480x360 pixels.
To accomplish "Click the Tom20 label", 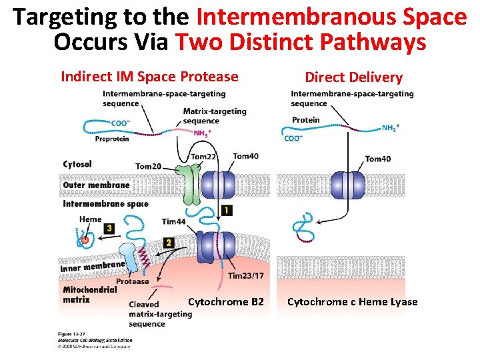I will tap(148, 166).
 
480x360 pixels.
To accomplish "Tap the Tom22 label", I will tap(204, 157).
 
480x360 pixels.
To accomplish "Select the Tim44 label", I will tap(173, 221).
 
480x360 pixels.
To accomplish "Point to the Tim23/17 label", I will tap(246, 276).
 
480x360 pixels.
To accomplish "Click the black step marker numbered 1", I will tap(227, 211).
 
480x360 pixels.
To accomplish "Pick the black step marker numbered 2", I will tap(169, 243).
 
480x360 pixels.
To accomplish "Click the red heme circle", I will tap(85, 240).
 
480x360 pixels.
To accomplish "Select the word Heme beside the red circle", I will tap(90, 219).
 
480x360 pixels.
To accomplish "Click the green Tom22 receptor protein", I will tap(191, 183).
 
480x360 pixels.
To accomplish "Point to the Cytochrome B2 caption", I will tap(225, 302).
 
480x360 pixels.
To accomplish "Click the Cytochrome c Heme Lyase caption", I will tap(352, 302).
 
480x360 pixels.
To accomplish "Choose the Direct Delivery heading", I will tap(353, 77).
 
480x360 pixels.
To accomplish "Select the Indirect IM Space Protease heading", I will tap(149, 77).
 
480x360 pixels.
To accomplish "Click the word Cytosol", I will tap(77, 164).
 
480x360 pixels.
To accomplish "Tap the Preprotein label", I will tap(112, 139).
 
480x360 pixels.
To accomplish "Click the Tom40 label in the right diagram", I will tap(377, 159).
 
